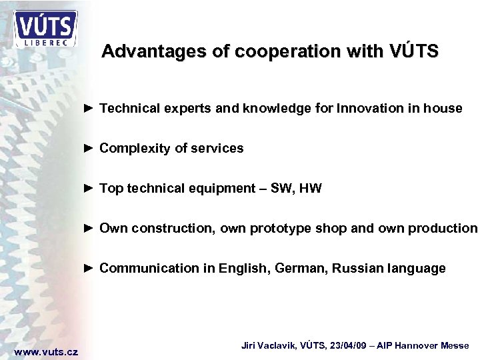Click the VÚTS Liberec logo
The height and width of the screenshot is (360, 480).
45,29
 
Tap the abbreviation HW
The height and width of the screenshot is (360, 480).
311,189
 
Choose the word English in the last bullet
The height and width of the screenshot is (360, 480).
246,269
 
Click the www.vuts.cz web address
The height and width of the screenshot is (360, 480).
46,351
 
